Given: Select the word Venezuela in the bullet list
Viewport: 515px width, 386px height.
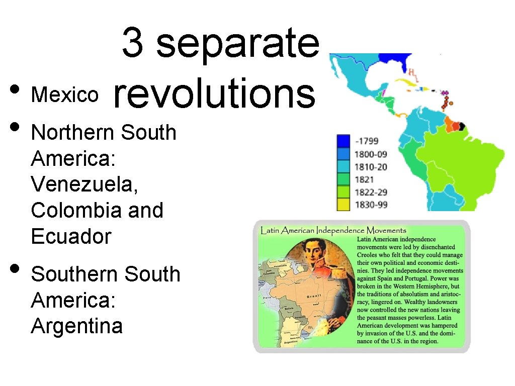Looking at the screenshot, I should pos(84,184).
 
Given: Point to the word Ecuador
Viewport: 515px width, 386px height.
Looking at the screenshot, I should pos(71,236).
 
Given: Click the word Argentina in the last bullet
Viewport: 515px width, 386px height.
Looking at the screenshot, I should pos(76,326).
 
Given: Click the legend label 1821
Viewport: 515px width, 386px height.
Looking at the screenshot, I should pos(365,179).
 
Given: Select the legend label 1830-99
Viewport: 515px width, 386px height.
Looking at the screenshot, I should pos(371,205).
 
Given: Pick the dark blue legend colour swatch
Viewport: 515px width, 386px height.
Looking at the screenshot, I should pos(344,141).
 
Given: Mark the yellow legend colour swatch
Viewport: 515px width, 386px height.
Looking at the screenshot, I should pos(344,204).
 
